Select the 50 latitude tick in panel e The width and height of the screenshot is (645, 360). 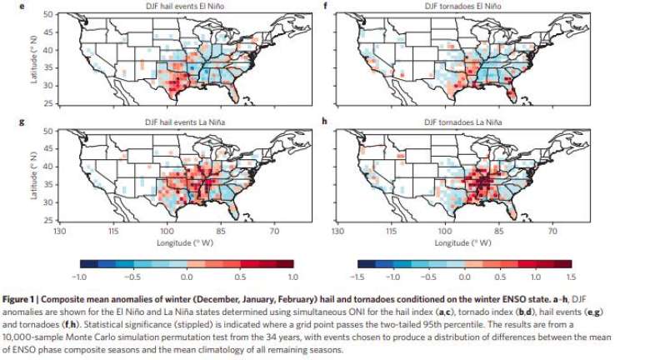(47, 15)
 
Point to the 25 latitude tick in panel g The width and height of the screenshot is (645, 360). (47, 219)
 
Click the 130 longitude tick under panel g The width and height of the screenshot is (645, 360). (59, 230)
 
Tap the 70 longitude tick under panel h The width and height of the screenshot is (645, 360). (552, 230)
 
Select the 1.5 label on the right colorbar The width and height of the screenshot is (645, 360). (572, 275)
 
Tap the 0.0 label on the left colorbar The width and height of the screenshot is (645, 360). (187, 275)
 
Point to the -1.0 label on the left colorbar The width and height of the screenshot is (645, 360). (81, 275)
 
